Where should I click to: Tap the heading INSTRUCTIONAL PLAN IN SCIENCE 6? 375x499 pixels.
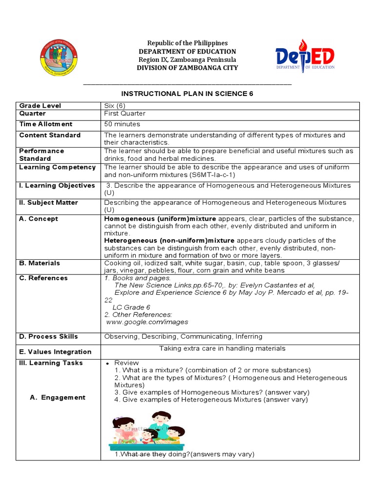187,94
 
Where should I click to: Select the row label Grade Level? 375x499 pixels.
40,106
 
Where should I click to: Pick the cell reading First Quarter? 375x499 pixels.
125,114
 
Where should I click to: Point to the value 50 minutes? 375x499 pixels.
122,124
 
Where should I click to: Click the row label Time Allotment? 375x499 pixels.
45,124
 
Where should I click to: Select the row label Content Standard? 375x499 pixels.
50,135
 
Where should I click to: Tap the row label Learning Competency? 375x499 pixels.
57,167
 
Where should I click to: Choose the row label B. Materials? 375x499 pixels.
40,263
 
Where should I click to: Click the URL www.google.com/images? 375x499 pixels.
147,322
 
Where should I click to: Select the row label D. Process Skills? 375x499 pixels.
48,337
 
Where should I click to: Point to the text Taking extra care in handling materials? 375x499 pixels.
222,348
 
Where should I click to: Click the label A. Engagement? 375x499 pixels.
58,398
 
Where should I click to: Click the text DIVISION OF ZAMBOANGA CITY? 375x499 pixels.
187,68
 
